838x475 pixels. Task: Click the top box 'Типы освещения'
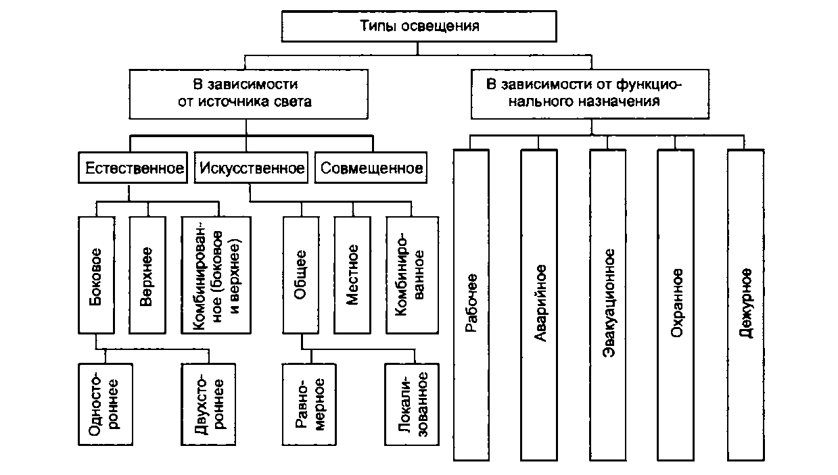418,27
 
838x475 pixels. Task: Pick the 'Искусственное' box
251,168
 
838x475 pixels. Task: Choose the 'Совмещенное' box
372,168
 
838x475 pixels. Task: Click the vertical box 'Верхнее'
147,274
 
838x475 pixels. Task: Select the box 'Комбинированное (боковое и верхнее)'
216,274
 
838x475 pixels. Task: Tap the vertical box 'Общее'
301,274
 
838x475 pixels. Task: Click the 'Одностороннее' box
105,403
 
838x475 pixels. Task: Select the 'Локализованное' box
411,403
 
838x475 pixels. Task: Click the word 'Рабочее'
471,304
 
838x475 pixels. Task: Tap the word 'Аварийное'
540,304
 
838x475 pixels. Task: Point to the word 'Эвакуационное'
608,304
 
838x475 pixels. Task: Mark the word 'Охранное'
676,304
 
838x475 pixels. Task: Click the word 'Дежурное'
746,304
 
